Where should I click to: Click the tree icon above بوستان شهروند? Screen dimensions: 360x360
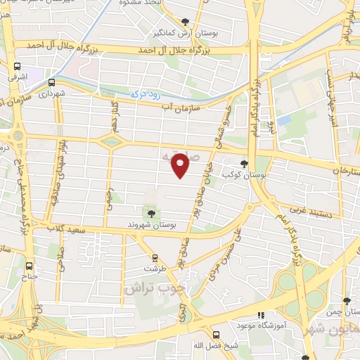click(150, 212)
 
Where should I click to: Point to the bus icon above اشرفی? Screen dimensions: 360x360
click(17, 67)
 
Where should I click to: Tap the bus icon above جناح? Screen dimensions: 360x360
click(29, 266)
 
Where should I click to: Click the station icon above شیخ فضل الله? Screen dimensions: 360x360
click(215, 334)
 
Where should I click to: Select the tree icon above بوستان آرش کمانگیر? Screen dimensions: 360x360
click(185, 22)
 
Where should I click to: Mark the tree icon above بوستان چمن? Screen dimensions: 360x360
click(345, 298)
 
